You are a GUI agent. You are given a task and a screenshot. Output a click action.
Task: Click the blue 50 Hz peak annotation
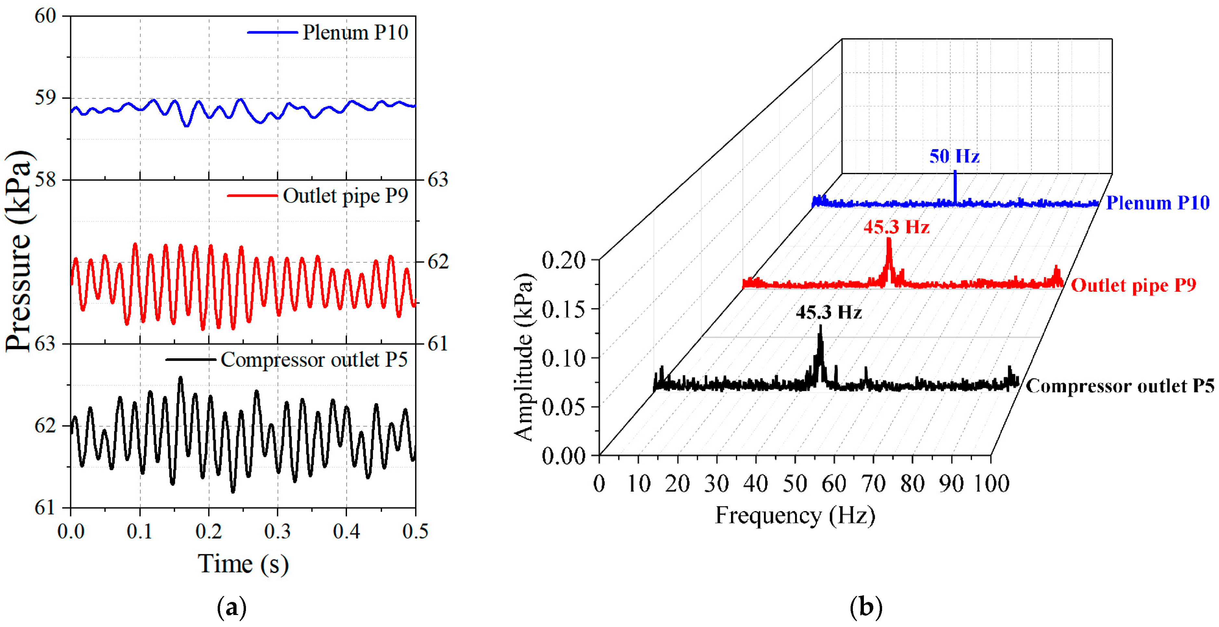[954, 156]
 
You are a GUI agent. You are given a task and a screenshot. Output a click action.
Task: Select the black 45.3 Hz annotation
[828, 312]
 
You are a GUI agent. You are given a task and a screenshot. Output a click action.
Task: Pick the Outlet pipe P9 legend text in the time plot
[345, 196]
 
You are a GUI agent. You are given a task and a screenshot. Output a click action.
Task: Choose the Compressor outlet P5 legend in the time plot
[314, 360]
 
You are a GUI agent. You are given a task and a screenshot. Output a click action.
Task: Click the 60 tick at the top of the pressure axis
[45, 16]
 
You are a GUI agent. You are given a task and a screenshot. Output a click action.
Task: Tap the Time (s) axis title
[243, 564]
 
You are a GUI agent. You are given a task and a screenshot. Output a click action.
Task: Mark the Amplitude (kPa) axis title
[524, 357]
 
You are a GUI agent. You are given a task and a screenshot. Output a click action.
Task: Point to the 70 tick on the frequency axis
[873, 484]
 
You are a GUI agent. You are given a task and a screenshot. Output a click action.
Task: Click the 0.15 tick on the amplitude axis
[563, 310]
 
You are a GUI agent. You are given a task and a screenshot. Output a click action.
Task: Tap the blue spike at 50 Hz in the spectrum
[955, 187]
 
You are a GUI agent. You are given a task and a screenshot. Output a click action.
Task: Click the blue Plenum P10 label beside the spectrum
[1158, 203]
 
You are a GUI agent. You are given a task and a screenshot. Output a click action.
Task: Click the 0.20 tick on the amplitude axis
[563, 260]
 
